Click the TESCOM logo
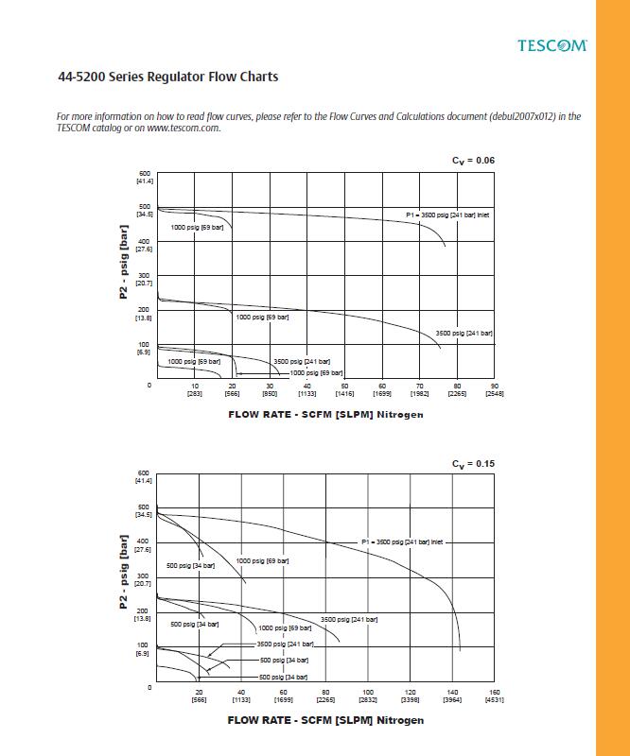[552, 44]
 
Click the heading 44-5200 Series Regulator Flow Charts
[167, 77]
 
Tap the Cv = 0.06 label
[473, 160]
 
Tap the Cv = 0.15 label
[473, 463]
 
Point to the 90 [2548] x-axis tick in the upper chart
[495, 389]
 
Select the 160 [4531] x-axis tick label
[494, 696]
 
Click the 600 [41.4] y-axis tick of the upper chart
[144, 177]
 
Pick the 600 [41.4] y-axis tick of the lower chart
[144, 476]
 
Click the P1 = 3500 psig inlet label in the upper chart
[447, 215]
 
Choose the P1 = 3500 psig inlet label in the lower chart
[402, 542]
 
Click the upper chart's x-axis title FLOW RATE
[325, 414]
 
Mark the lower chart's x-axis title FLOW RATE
[325, 719]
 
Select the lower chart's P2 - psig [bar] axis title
[124, 572]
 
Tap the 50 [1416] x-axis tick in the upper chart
[345, 389]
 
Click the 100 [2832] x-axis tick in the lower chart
[368, 696]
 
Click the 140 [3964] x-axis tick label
[452, 696]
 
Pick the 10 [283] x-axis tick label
[195, 389]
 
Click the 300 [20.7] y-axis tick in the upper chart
[144, 280]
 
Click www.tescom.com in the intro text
[184, 128]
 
